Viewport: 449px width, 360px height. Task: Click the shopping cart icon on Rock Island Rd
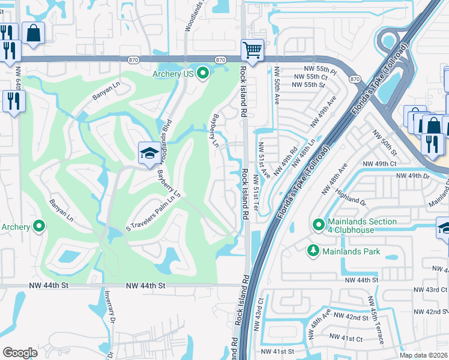(253, 50)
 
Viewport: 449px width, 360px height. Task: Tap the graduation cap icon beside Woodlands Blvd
(149, 153)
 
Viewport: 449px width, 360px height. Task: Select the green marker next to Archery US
(203, 74)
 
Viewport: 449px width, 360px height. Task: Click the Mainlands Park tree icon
(312, 251)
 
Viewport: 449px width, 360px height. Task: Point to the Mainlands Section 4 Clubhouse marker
(319, 225)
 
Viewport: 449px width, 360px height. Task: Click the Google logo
(20, 353)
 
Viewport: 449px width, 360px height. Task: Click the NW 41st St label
(278, 351)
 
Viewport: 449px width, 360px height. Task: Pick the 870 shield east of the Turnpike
(355, 79)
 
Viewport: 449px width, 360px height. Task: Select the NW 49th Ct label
(380, 164)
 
